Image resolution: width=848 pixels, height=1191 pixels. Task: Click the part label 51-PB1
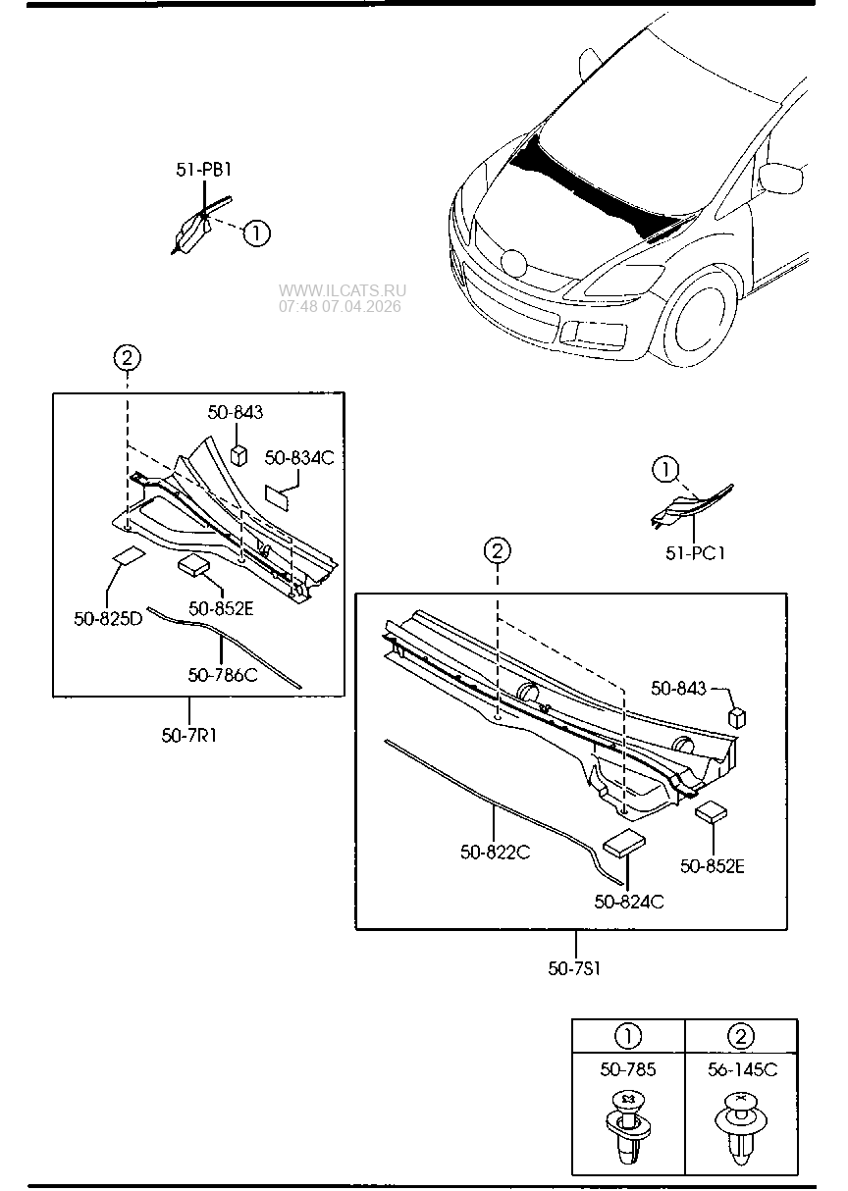204,170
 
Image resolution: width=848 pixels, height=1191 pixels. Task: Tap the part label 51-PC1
695,553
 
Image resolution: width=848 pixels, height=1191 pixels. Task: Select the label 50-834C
299,458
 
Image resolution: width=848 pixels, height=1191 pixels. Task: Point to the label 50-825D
108,618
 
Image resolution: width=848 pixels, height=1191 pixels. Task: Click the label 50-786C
223,675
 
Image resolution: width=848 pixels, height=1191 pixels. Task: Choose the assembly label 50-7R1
189,736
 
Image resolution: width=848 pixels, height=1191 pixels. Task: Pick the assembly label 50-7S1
574,968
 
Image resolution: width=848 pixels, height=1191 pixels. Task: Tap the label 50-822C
496,853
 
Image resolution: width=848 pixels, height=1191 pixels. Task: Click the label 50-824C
629,902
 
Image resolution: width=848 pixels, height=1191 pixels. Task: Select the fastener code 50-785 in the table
628,1069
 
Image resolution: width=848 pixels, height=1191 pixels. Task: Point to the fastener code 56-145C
742,1069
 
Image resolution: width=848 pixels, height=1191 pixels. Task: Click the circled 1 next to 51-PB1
256,233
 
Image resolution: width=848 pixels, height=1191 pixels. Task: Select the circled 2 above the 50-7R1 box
128,358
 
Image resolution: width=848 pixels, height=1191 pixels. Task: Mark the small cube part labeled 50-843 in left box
238,455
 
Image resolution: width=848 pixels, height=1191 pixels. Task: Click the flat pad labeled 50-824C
624,844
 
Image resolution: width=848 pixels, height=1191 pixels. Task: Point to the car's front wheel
701,317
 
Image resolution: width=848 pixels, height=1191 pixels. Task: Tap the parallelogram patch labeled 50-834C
277,497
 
